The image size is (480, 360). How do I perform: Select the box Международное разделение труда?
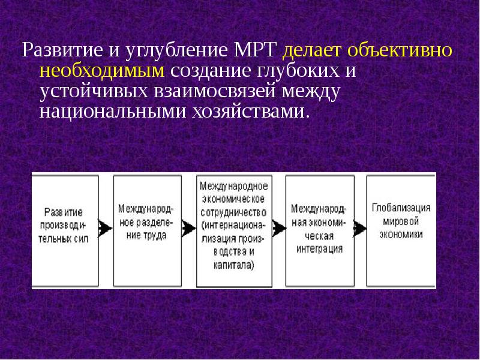(x=147, y=230)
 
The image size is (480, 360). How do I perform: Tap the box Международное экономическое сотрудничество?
(x=233, y=230)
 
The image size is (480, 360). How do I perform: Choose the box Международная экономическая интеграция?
(x=319, y=230)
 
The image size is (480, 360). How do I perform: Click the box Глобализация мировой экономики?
(x=400, y=230)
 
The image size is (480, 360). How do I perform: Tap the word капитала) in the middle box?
(x=233, y=265)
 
